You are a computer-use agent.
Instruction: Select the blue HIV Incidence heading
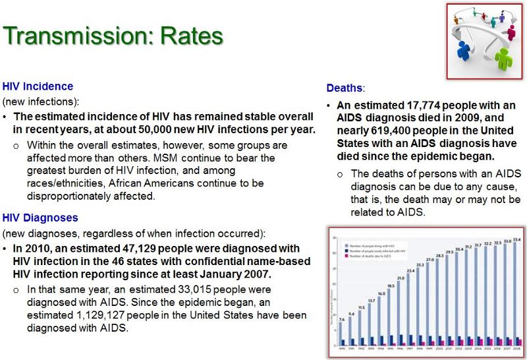(x=38, y=86)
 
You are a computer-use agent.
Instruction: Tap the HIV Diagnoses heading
(x=40, y=218)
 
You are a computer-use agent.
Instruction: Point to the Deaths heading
(x=345, y=87)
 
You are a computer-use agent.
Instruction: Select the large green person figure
(x=504, y=57)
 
